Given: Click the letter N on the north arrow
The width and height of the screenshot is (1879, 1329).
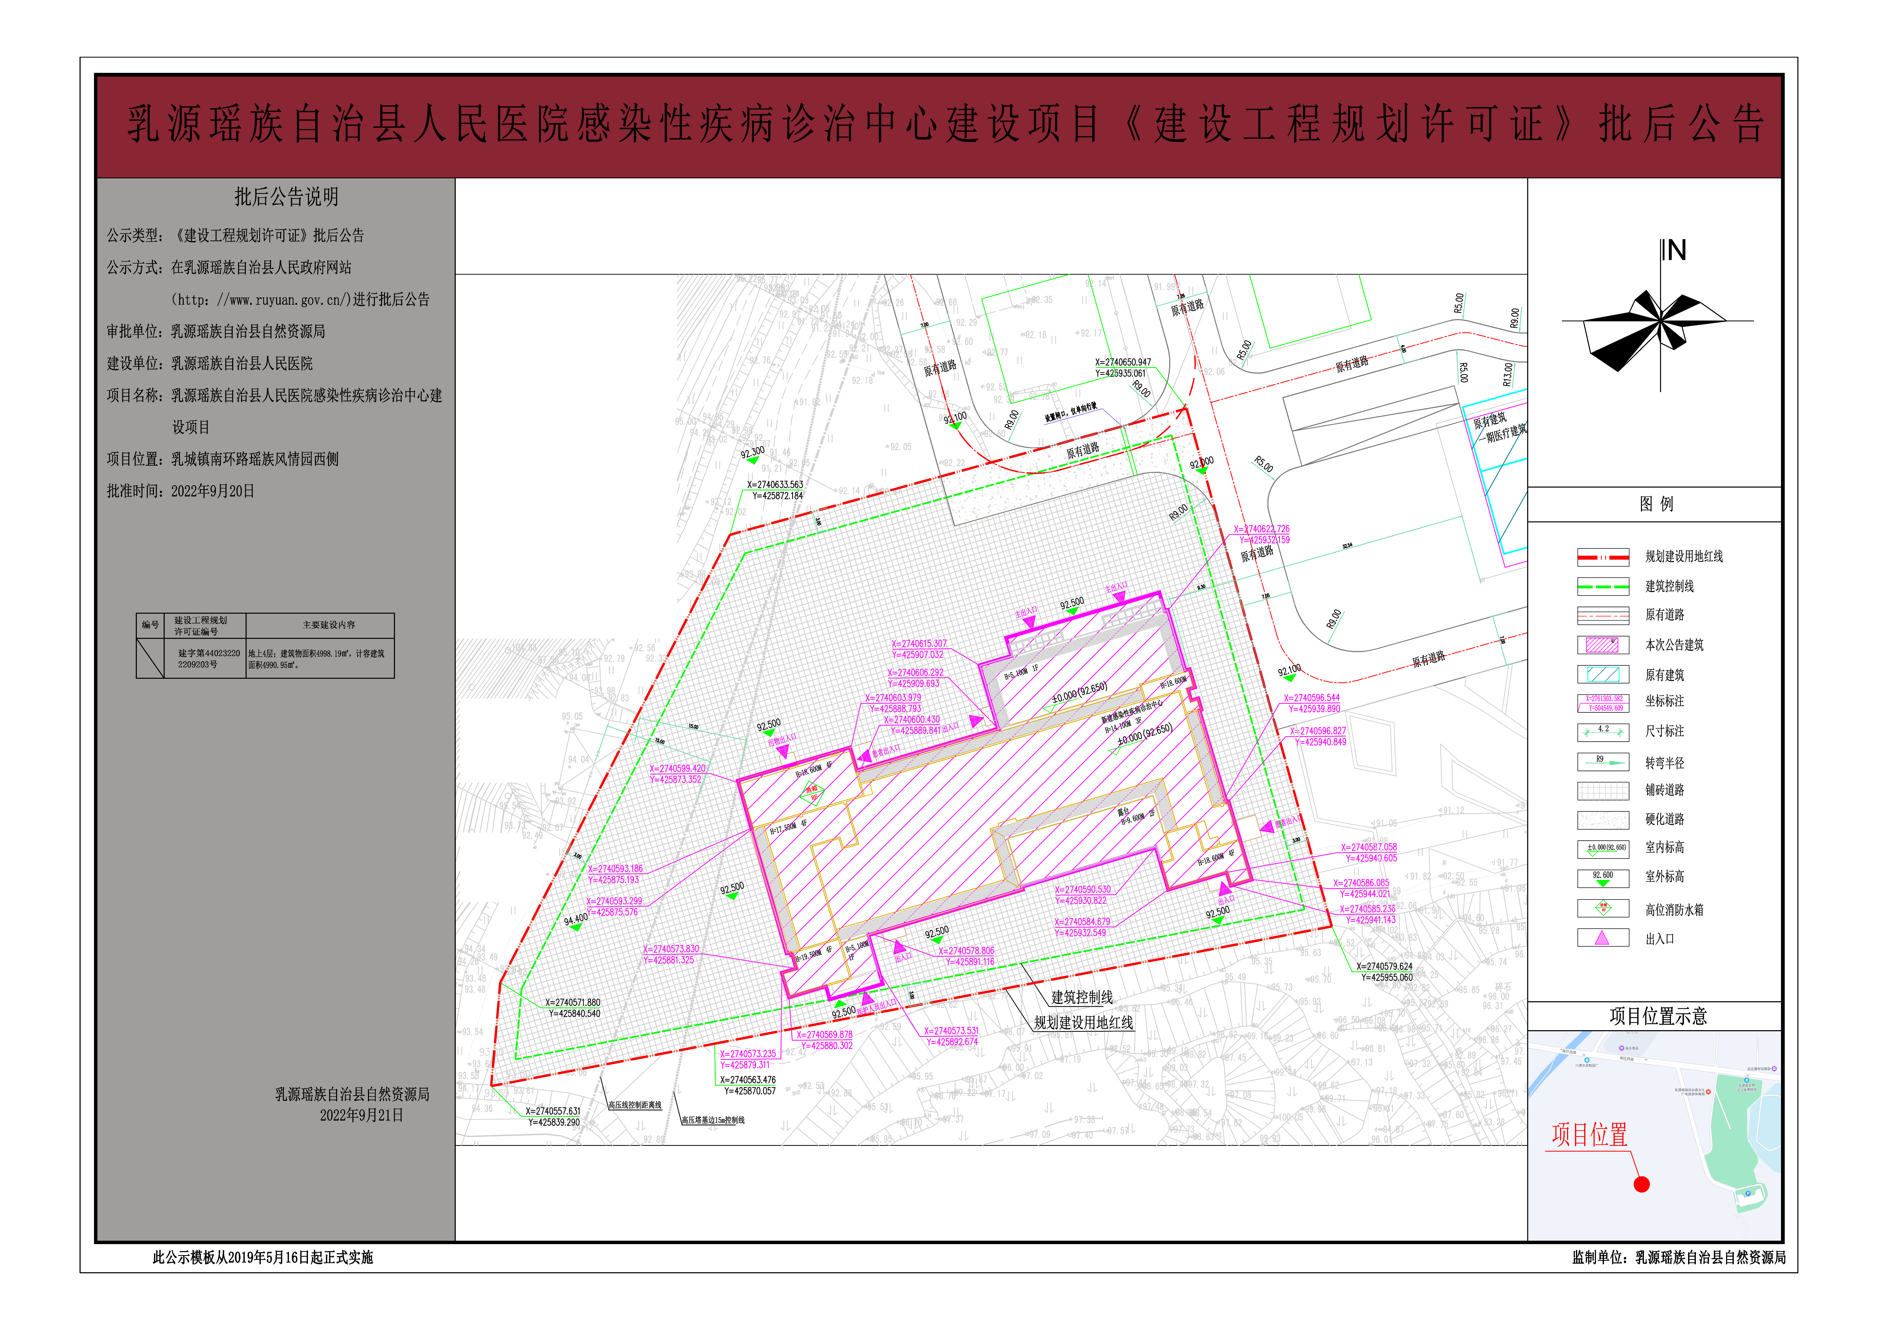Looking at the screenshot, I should pyautogui.click(x=1676, y=250).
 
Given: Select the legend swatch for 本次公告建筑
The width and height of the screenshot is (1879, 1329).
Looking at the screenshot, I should pyautogui.click(x=1602, y=645).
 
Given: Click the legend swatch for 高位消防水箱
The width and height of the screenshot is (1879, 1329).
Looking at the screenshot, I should pyautogui.click(x=1602, y=908).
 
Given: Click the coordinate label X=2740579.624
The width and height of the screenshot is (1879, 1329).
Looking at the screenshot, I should pyautogui.click(x=1384, y=966).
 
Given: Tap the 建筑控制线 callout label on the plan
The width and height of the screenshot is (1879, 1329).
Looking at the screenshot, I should pyautogui.click(x=1082, y=997).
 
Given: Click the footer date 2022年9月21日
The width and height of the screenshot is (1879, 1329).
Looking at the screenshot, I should pyautogui.click(x=361, y=1115).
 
